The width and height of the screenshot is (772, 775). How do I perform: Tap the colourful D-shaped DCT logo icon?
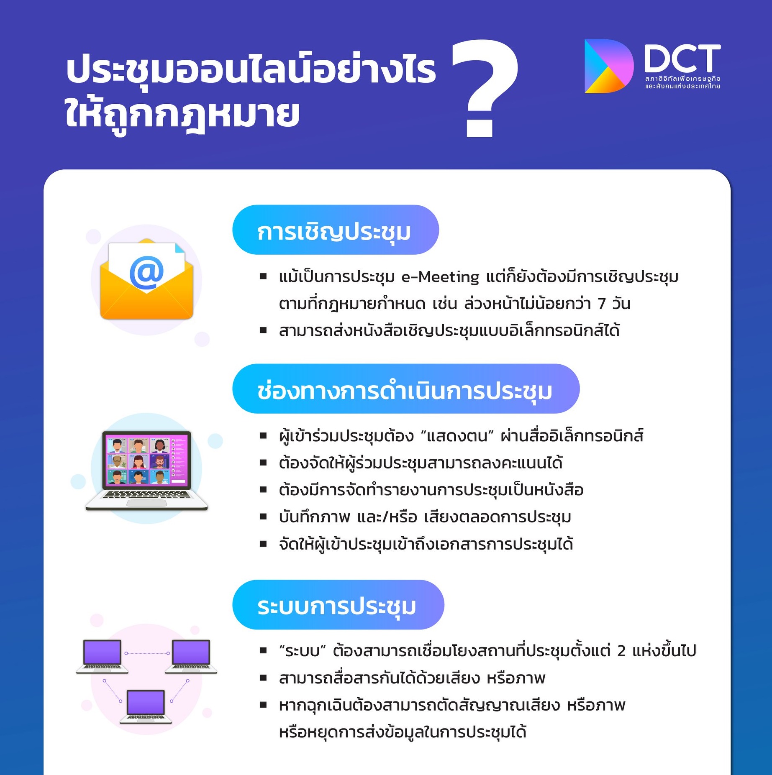[608, 66]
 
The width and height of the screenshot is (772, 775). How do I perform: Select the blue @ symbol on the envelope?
[147, 272]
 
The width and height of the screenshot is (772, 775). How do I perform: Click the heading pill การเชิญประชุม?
[336, 230]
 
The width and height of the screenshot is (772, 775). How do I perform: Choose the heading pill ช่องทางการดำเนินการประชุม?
[406, 389]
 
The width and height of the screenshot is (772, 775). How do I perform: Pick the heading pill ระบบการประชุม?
[338, 604]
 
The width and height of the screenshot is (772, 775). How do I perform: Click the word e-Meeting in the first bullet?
[440, 277]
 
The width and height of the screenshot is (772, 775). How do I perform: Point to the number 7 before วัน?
[602, 304]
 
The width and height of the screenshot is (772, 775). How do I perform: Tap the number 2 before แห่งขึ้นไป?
[621, 651]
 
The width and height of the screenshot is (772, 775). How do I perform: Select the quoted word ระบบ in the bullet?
[303, 651]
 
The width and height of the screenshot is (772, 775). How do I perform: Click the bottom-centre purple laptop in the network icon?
[146, 706]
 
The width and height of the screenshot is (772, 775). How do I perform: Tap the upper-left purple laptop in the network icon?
[103, 656]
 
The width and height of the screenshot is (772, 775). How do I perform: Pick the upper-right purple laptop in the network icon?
[191, 656]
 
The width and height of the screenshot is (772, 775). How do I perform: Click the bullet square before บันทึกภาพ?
[263, 517]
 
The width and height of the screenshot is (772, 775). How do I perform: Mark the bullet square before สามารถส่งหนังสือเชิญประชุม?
[263, 330]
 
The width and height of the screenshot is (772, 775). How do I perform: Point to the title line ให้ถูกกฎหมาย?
[182, 114]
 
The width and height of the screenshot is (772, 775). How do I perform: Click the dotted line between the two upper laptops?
[147, 653]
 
